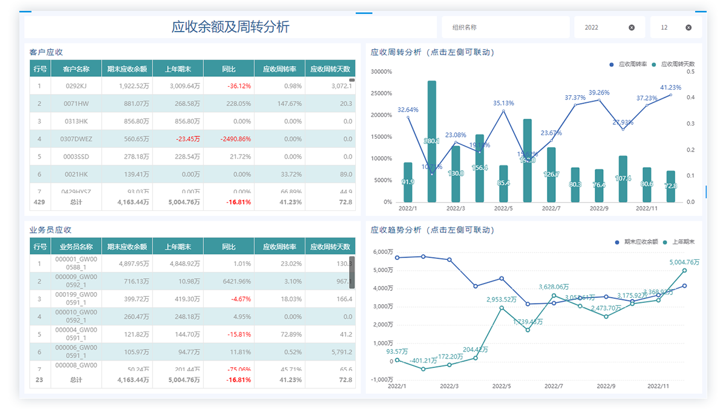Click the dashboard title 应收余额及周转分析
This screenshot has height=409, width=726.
231,27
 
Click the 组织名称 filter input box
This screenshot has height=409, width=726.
504,27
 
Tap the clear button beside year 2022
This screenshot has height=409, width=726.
632,27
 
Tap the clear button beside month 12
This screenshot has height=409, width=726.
688,27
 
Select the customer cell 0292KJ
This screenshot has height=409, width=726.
76,86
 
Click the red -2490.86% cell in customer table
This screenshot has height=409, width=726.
229,139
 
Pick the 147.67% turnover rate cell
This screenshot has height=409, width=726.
280,104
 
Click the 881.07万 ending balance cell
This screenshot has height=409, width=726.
127,104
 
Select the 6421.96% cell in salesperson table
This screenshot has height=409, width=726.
229,281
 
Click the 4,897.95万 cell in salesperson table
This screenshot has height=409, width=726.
127,264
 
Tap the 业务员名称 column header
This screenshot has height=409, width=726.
76,247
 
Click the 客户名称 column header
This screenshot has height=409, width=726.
76,69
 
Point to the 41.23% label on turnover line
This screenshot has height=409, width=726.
670,87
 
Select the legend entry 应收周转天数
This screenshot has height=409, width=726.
677,64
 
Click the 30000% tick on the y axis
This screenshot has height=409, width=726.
382,71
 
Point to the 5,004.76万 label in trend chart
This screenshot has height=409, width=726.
684,262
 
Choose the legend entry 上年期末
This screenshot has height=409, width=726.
683,242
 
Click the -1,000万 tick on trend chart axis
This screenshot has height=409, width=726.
382,380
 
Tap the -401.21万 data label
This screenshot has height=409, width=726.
423,361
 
